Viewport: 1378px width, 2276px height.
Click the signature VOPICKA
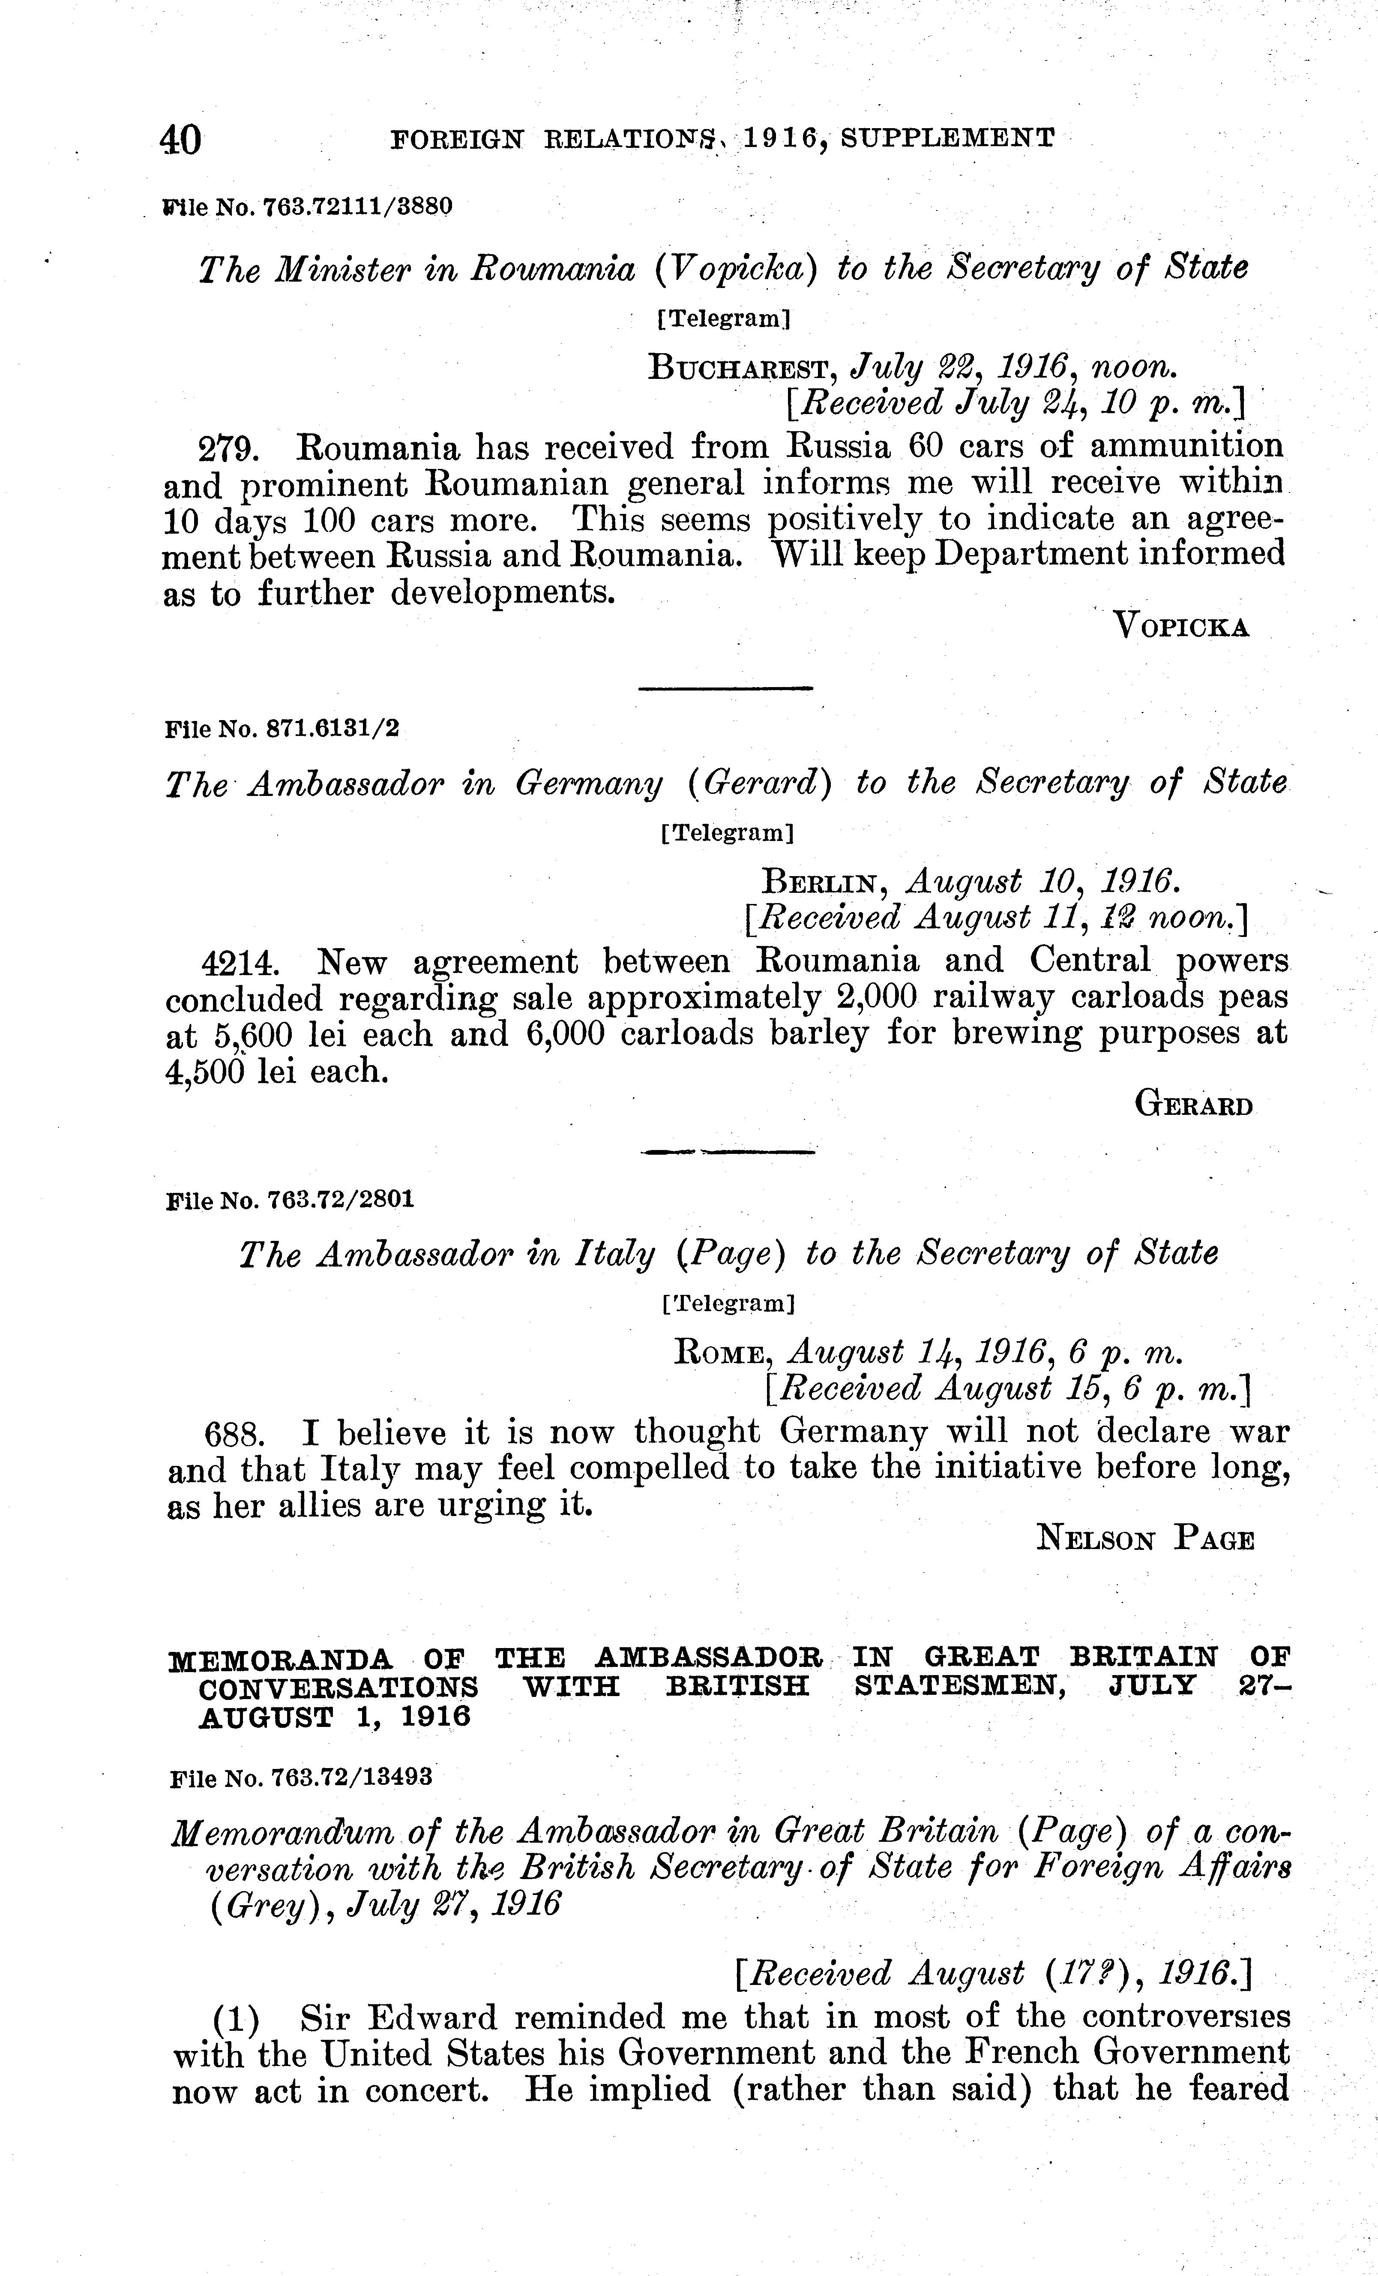(1182, 627)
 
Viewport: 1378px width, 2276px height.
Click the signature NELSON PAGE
(1145, 1540)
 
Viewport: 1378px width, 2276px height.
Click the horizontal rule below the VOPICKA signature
(725, 688)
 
